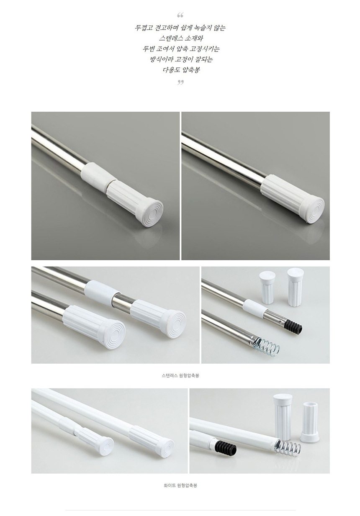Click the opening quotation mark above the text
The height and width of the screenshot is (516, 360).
180,15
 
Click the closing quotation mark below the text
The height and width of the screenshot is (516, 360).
180,82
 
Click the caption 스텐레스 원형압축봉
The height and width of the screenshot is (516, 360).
180,375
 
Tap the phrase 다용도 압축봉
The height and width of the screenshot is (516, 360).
181,69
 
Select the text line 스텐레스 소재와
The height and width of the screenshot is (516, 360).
181,38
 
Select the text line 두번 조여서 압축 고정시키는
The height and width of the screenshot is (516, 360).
181,49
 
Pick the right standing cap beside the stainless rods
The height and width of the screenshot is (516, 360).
296,287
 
